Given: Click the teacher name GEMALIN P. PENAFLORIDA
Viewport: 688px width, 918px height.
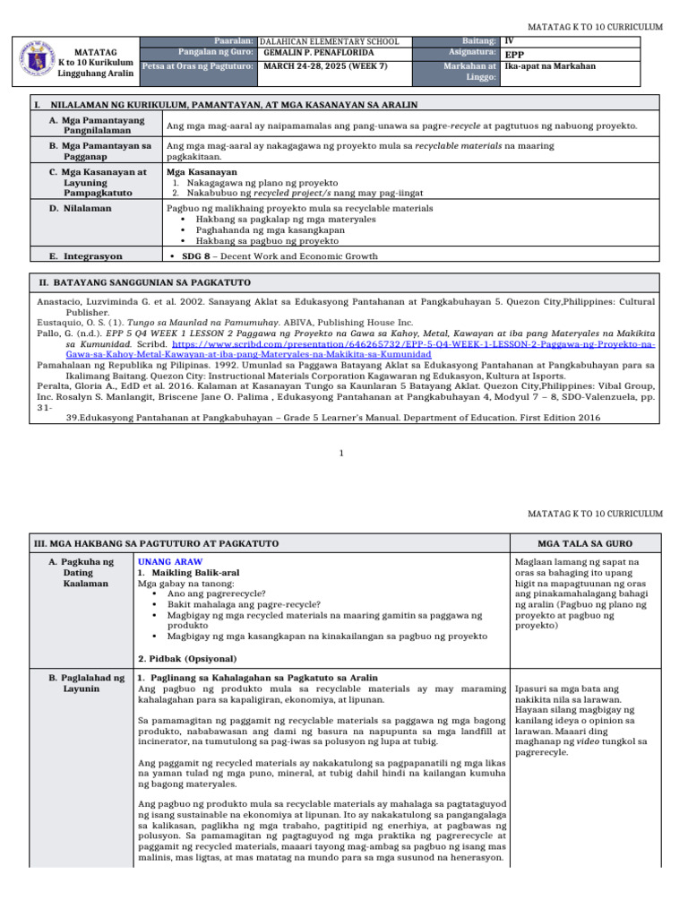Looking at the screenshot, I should click(313, 53).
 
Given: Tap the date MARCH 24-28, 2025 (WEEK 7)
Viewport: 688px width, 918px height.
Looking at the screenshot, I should click(318, 65).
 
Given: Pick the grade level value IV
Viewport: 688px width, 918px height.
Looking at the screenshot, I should click(509, 41).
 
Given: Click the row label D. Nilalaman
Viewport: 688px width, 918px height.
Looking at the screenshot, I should click(81, 208).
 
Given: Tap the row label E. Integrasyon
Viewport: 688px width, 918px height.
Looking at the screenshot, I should click(86, 256).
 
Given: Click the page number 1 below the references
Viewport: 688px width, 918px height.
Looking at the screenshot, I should click(342, 454).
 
